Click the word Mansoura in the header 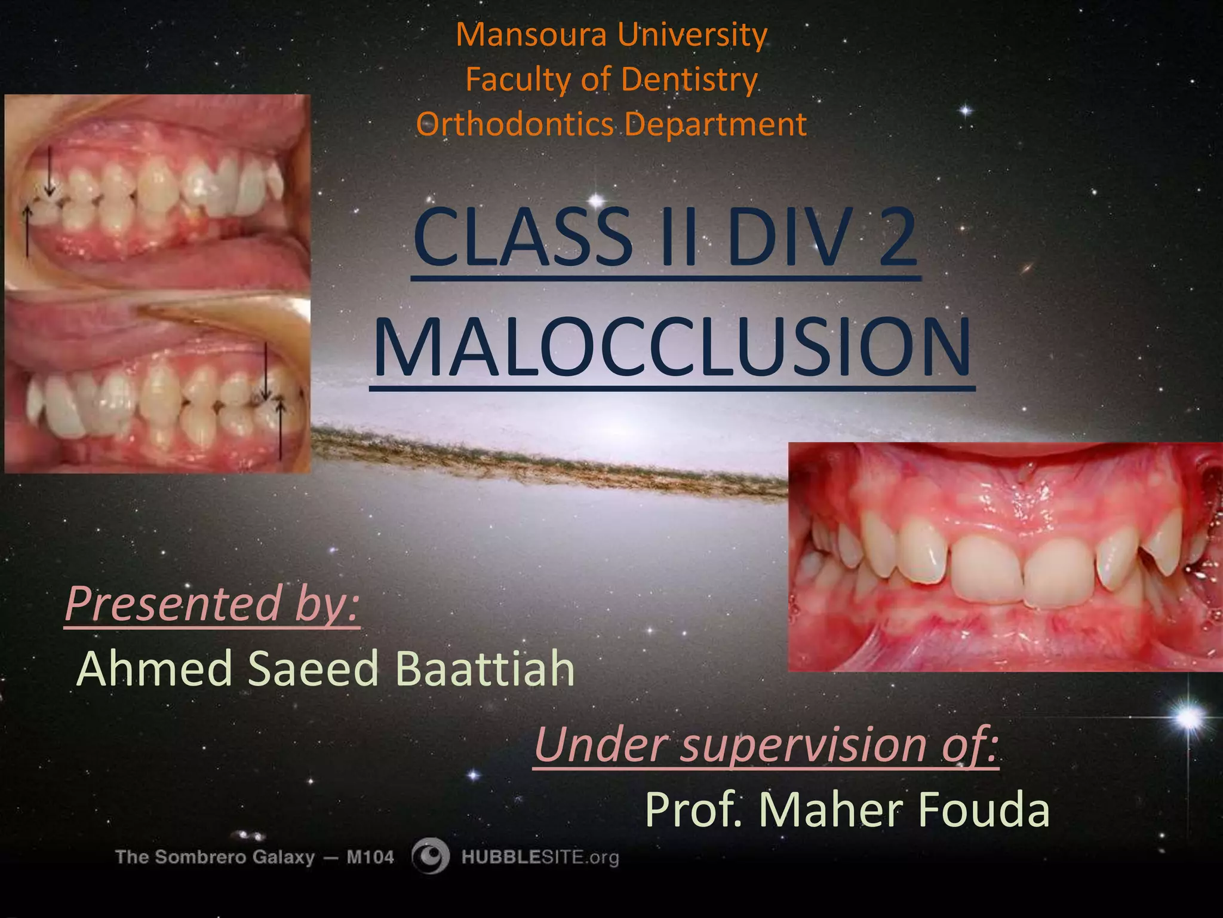(x=533, y=35)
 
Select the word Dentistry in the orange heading (x=690, y=79)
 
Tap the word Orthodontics (x=515, y=125)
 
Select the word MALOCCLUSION (x=671, y=348)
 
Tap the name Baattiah (x=484, y=669)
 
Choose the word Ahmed (x=154, y=669)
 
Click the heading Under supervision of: (x=766, y=744)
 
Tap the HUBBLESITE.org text (x=540, y=858)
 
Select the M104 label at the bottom (x=370, y=858)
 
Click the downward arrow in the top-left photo (x=50, y=173)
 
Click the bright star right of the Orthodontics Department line (x=966, y=111)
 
